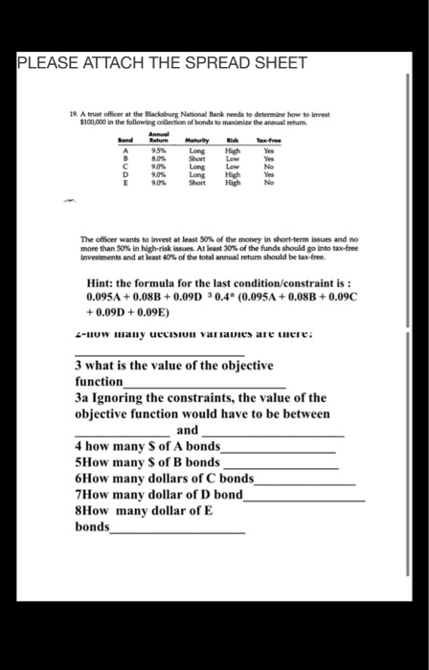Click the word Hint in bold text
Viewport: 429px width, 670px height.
coord(102,284)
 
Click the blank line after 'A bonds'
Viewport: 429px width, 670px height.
coord(278,450)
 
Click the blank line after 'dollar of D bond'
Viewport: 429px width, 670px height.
coord(304,498)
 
